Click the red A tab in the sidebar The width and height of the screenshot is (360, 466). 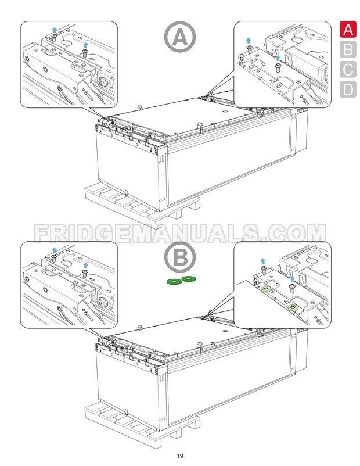point(347,30)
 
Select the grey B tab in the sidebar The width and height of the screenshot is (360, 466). point(347,49)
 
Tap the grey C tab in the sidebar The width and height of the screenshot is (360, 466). point(347,69)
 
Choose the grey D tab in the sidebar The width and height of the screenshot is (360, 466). point(347,89)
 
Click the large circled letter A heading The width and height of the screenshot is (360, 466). point(180,38)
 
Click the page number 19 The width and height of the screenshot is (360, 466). point(180,455)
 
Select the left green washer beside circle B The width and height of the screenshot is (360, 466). point(173,282)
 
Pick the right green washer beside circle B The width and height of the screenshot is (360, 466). point(189,279)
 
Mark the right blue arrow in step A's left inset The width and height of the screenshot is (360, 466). point(86,44)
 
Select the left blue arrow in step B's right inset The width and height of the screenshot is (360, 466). point(262,261)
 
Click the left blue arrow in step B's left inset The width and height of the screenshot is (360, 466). point(54,249)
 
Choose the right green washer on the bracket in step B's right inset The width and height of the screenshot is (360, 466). point(293,306)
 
